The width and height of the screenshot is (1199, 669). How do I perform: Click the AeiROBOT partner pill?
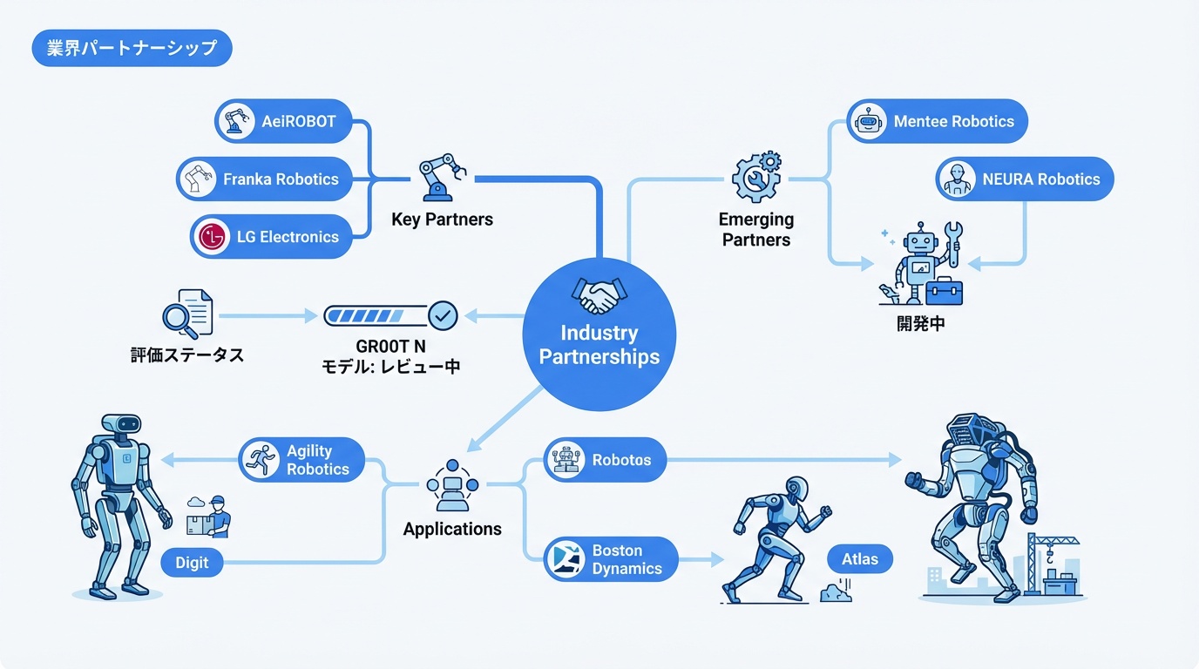pos(283,121)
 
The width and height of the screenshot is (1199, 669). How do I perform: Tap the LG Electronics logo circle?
pos(213,236)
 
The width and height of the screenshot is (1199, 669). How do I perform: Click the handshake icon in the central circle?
pos(599,295)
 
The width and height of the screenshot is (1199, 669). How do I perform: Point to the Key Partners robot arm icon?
pos(439,177)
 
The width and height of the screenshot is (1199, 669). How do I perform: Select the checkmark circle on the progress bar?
pos(444,315)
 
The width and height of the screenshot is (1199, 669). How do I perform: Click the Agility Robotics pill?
pos(301,460)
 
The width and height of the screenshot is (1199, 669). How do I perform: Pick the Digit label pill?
pos(192,562)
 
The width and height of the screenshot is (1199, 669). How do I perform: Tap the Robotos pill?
pos(605,460)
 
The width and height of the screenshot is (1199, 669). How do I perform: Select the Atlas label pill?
pos(860,558)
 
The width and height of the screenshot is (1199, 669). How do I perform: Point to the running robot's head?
pos(796,488)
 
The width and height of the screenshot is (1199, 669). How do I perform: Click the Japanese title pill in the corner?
pos(132,48)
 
